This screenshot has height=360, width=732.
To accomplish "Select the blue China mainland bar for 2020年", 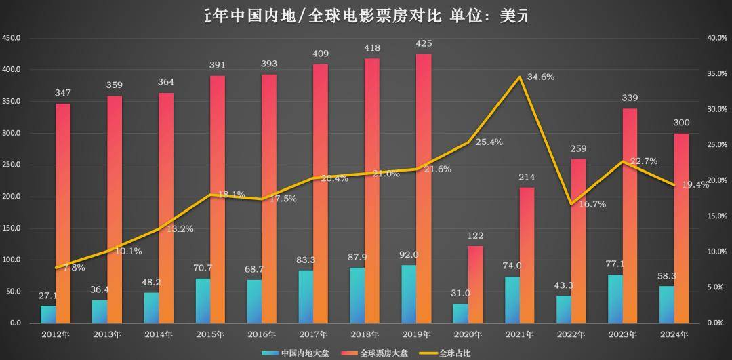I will [x=460, y=313].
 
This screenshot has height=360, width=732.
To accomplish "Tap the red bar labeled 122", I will [x=476, y=284].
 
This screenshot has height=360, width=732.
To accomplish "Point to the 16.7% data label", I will [x=592, y=204].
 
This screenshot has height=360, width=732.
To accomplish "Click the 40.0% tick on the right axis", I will [x=716, y=38].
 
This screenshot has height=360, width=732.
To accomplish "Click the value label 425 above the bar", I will [x=424, y=44].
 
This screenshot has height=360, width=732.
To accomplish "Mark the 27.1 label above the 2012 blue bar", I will [x=47, y=296].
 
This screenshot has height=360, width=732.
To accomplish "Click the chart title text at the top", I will [x=366, y=16].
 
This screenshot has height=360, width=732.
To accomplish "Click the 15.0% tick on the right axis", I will [x=716, y=216].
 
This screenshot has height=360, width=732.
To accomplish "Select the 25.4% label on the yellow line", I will [x=489, y=142].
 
